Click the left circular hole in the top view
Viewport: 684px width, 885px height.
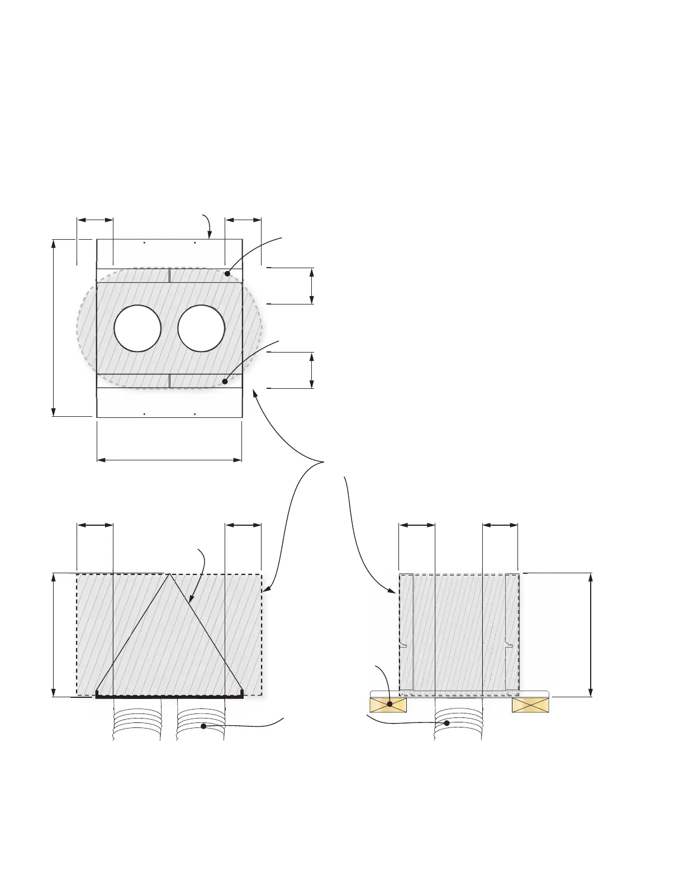point(137,329)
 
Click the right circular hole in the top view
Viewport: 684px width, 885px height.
point(201,329)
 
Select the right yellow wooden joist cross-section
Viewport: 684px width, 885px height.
point(531,705)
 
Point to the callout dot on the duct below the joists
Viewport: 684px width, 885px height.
point(446,723)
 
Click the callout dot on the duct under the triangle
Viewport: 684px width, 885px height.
point(203,726)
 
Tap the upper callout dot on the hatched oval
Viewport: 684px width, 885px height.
point(227,273)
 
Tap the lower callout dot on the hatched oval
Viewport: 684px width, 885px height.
point(225,382)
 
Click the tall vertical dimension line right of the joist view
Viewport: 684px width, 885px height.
point(591,635)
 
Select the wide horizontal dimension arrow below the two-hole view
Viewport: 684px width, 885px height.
point(169,460)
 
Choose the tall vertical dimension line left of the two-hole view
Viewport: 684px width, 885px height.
point(54,327)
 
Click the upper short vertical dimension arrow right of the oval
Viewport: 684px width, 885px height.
point(312,286)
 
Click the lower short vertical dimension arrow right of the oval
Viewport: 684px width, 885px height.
point(312,370)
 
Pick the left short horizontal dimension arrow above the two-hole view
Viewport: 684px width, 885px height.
point(95,220)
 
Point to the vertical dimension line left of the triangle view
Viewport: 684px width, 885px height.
point(54,635)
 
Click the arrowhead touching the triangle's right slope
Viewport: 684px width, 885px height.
point(191,602)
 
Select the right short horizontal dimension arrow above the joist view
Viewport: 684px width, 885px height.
point(500,525)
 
